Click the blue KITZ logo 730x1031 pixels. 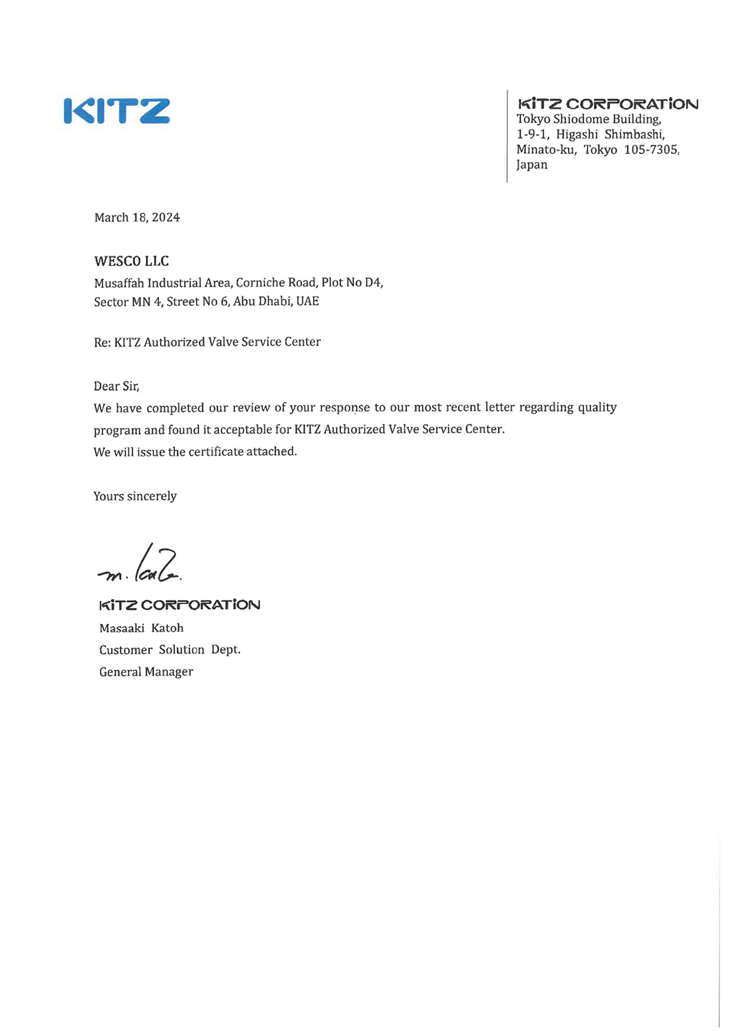click(116, 111)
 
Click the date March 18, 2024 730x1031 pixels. click(137, 218)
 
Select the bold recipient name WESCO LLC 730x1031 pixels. click(131, 261)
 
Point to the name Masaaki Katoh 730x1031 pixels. click(141, 628)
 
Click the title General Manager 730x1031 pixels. click(146, 672)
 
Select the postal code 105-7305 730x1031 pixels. click(651, 150)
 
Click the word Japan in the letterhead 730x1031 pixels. click(532, 165)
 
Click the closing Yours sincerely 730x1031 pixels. click(135, 496)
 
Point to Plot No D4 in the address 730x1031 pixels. click(352, 282)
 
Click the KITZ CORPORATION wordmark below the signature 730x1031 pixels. click(180, 606)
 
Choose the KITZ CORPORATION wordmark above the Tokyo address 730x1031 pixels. click(608, 104)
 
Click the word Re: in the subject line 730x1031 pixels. click(102, 342)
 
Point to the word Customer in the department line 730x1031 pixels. click(126, 650)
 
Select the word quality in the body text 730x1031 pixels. click(597, 408)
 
